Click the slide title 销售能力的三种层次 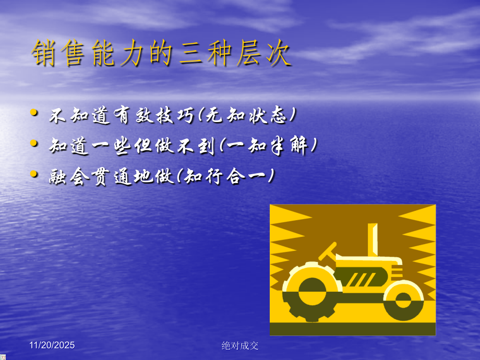point(161,54)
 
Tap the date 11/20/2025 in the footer point(52,345)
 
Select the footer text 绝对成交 point(240,345)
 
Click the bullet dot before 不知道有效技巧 point(34,112)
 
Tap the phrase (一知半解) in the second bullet point(268,146)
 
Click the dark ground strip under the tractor point(353,329)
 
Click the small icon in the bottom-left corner point(3,357)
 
